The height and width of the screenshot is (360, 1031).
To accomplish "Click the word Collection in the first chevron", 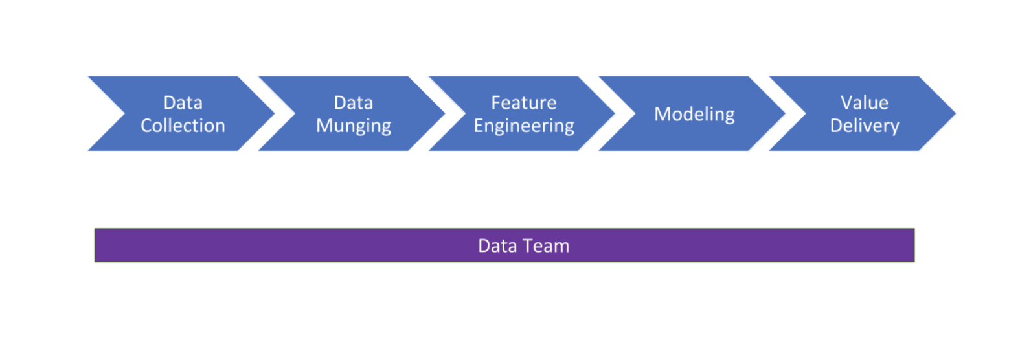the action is [x=183, y=126].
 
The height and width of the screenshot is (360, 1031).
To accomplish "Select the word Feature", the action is [x=524, y=103].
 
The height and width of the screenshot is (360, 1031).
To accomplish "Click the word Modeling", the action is [x=694, y=115].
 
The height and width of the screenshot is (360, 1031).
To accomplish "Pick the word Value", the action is [x=865, y=103].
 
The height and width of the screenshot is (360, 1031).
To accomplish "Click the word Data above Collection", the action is [x=183, y=103].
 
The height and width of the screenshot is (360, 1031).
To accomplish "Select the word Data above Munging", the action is [x=354, y=103].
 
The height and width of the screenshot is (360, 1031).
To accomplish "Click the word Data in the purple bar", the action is [x=497, y=246].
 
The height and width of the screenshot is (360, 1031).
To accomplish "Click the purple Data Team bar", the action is [x=504, y=245].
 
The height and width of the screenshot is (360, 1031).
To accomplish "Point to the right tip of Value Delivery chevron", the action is [x=956, y=113].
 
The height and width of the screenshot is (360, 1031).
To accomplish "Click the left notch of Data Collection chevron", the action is [x=125, y=113].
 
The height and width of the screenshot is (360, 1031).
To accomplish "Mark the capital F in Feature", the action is [x=496, y=103].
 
